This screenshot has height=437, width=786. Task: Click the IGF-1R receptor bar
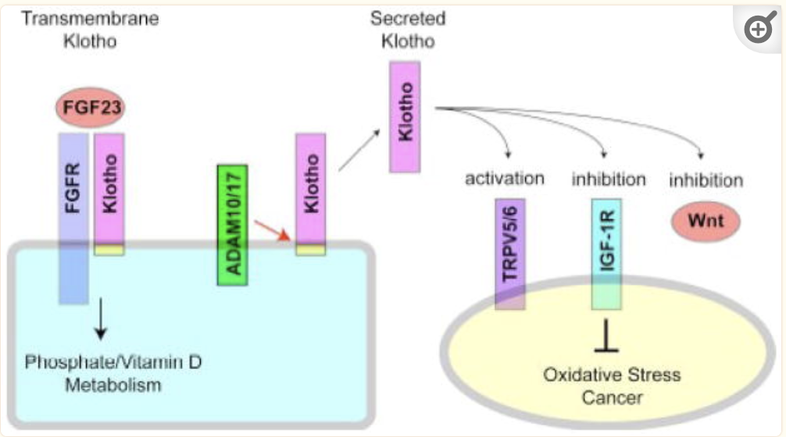point(606,254)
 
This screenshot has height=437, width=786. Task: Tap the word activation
point(505,179)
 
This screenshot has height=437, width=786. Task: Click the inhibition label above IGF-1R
point(608,179)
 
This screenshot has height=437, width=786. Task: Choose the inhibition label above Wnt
point(706,181)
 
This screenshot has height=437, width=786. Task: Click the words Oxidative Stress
point(612,375)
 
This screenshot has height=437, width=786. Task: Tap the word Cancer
point(613,398)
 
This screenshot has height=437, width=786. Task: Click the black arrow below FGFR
point(99,319)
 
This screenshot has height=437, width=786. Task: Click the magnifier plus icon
point(759,30)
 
